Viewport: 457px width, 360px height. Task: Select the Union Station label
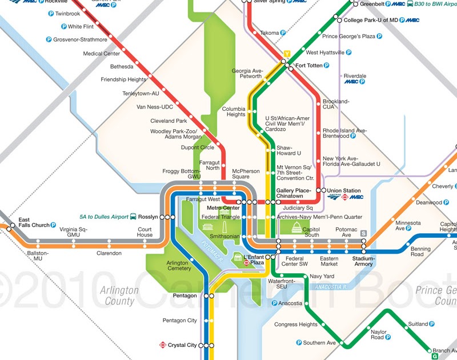tap(344, 190)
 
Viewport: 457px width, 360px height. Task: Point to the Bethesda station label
tap(121, 66)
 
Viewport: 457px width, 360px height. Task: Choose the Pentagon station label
tap(184, 296)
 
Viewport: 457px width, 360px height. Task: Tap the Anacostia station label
tap(291, 303)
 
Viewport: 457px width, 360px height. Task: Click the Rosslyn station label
tap(148, 217)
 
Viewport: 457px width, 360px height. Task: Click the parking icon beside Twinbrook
tap(51, 13)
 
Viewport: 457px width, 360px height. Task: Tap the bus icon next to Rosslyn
tap(133, 217)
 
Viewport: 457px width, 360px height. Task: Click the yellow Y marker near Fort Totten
tap(287, 54)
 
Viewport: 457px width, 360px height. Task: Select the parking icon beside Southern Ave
tap(299, 343)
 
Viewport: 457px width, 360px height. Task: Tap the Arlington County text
tap(119, 295)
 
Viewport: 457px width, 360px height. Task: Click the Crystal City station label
tap(183, 345)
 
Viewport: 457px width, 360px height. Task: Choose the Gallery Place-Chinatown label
tap(294, 193)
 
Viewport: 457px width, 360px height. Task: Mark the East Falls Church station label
tap(33, 222)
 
